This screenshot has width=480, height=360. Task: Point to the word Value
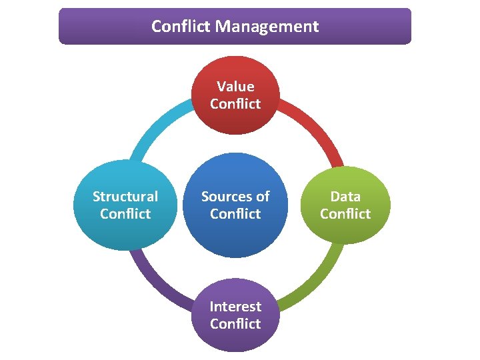(235, 87)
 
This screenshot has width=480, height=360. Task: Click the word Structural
(125, 197)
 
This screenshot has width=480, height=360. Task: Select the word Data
(345, 197)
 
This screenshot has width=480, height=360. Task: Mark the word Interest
(235, 307)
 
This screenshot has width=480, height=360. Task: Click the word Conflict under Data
(345, 214)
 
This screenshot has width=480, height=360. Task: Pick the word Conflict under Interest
(235, 324)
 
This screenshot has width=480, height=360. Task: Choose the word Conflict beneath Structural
(125, 214)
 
